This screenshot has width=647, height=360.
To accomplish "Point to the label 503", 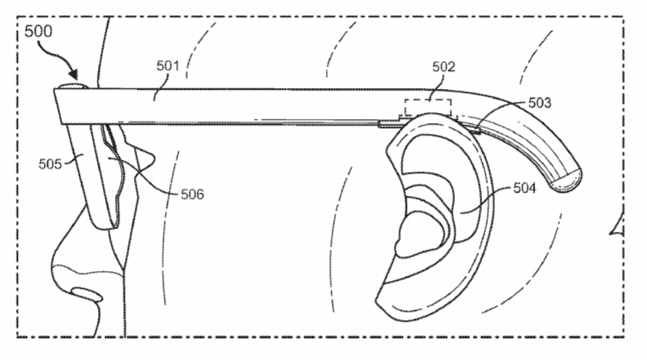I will [540, 103].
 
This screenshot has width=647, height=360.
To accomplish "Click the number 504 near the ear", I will [523, 189].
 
